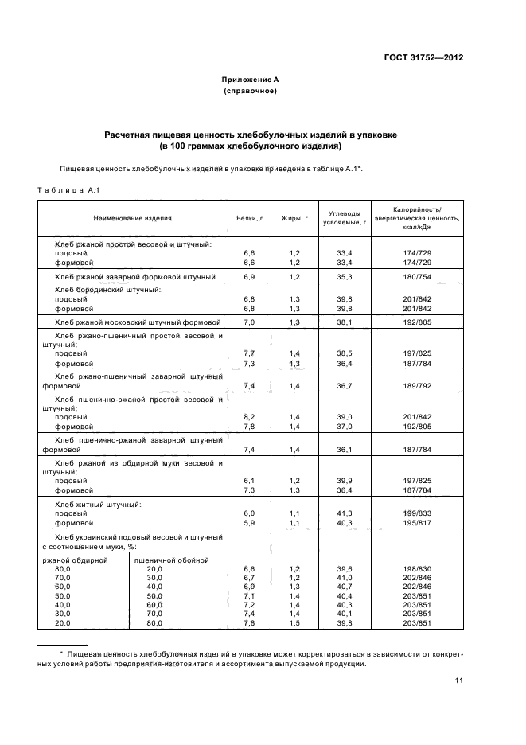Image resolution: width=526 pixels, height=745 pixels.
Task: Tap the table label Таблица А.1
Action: tap(68, 189)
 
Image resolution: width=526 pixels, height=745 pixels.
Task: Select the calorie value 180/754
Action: tap(417, 276)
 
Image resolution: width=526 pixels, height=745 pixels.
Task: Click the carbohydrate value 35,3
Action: tap(345, 276)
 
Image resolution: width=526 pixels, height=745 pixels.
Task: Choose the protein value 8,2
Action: tap(248, 417)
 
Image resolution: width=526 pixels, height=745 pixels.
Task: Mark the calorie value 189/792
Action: tap(417, 385)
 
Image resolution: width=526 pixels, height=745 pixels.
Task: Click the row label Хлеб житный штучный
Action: tap(98, 505)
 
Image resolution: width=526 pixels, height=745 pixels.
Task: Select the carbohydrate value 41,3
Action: tap(345, 514)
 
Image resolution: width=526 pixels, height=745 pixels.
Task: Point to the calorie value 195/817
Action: tap(417, 523)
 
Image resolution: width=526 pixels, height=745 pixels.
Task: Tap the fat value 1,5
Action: tap(294, 623)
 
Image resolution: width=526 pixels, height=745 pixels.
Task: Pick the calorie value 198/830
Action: tap(417, 569)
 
